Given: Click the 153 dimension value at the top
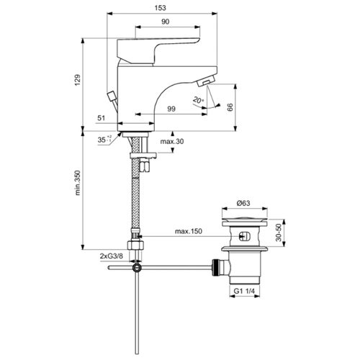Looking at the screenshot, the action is pos(161,8).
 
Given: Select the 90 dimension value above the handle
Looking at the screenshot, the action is pos(165,22).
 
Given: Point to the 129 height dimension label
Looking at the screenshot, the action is pos(77,80).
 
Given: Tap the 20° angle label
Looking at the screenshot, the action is pos(199,100).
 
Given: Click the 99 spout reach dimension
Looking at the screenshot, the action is pos(171,109).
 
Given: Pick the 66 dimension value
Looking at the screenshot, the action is pos(230,107).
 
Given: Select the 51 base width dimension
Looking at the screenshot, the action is pos(102,118).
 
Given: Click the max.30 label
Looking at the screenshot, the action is pos(172,141).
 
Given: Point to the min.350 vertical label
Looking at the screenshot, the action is pos(77,183).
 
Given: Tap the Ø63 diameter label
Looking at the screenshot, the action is pos(243,203).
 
